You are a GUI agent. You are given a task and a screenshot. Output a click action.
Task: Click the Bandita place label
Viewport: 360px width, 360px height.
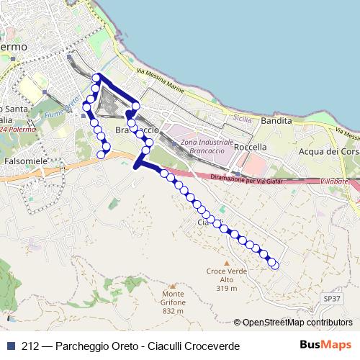pos(276,121)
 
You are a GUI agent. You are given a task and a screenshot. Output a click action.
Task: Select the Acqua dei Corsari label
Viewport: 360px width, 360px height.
pos(328,152)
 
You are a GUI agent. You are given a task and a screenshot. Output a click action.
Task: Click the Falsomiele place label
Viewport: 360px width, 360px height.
pos(25,161)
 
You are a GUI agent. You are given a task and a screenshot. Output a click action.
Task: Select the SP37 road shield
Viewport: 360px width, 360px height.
pos(331,297)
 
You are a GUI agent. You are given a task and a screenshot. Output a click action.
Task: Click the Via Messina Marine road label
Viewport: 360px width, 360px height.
pos(162,84)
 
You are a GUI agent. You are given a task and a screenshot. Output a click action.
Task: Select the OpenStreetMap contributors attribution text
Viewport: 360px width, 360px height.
pos(297,323)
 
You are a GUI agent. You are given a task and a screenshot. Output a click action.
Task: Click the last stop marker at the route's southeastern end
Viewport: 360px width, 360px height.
pos(274,265)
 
